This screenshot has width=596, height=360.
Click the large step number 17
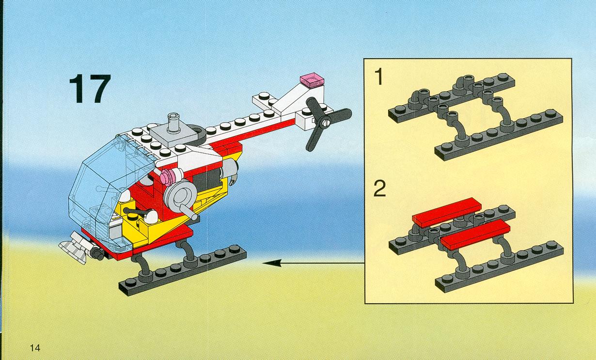click(x=90, y=88)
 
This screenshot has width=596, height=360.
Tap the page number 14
click(x=35, y=348)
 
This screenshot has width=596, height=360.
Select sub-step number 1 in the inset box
click(x=379, y=77)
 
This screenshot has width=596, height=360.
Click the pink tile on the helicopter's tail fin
click(x=313, y=79)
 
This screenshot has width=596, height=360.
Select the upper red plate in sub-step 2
click(x=447, y=212)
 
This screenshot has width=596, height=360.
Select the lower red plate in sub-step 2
click(x=475, y=234)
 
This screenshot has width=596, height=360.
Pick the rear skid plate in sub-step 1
click(x=452, y=98)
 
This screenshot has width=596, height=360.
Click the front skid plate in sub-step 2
click(x=500, y=266)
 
